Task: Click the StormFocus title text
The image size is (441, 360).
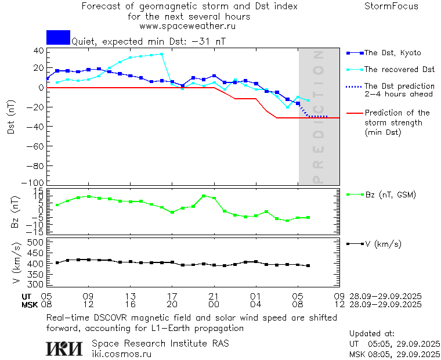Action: coord(391,6)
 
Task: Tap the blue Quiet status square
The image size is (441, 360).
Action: coord(58,37)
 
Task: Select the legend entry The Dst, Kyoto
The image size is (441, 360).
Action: coord(392,53)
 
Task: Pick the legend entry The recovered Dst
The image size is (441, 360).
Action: coord(399,70)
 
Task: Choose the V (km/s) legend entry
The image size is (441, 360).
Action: coord(382,244)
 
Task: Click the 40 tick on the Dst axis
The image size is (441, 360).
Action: coord(38,50)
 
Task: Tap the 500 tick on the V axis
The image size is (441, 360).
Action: coord(36,243)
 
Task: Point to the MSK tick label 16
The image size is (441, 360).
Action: coord(131,304)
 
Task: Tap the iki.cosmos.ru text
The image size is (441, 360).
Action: coord(121,353)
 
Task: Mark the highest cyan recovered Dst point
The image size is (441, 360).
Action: coord(161,54)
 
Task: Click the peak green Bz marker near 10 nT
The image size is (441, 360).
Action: coord(204,196)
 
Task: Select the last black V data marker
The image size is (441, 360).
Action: coord(308,265)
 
